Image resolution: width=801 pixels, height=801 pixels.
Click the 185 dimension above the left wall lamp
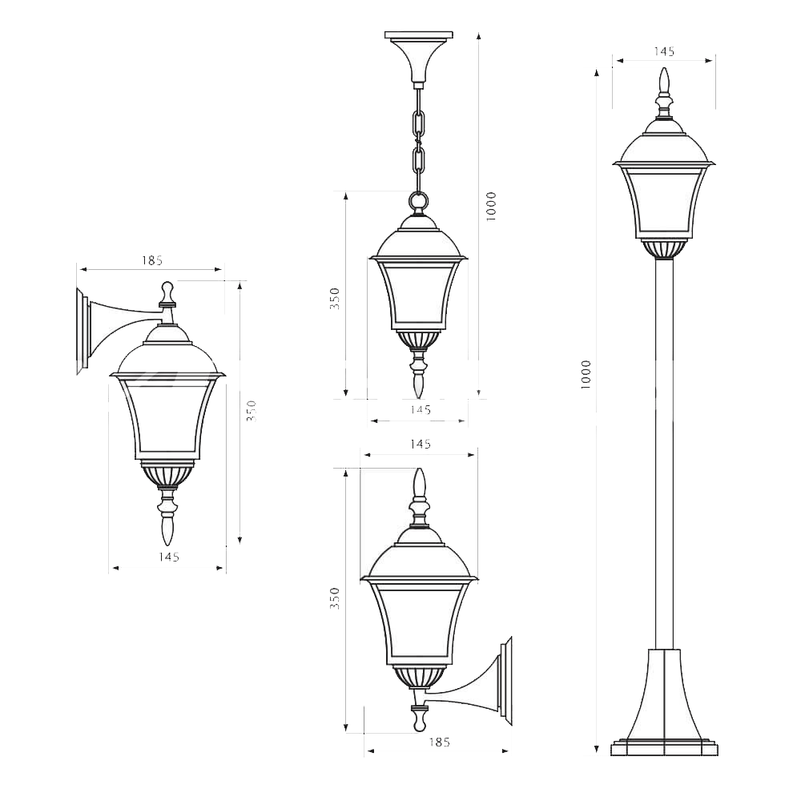(x=151, y=260)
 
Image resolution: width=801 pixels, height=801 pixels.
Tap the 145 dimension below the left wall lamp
(x=168, y=557)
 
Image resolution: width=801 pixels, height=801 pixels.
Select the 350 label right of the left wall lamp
(x=251, y=411)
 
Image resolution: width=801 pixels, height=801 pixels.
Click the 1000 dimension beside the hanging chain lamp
(x=492, y=207)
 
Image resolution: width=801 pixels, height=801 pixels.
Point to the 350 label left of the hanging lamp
(x=335, y=299)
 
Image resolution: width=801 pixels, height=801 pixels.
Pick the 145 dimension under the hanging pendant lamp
(x=421, y=409)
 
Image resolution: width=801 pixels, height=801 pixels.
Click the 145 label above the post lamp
(x=664, y=51)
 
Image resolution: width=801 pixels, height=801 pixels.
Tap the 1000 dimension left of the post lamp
(x=586, y=374)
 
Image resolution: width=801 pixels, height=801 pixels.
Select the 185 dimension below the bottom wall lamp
(x=439, y=743)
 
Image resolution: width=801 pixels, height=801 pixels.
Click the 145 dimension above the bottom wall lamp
(x=421, y=444)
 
